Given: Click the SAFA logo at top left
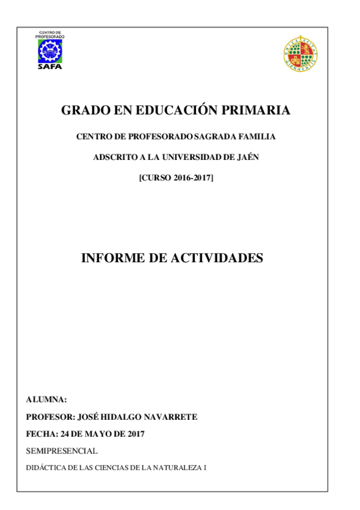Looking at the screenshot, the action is tap(50, 50).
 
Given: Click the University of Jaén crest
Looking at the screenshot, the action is tap(301, 51).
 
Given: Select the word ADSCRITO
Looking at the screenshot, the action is tap(112, 158).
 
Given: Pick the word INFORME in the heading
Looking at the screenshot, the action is tap(111, 258).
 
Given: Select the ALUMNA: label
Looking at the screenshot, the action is tap(46, 399).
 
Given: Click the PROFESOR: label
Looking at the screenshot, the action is tap(50, 417).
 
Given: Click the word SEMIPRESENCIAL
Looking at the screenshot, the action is tap(62, 450).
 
